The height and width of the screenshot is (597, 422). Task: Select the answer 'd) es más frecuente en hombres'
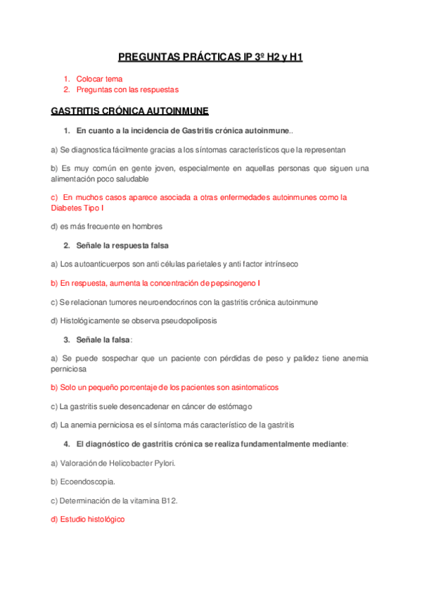[x=107, y=227]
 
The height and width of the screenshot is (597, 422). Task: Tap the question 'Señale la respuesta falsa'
[x=122, y=245]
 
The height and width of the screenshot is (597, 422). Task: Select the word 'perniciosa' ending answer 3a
[x=69, y=369]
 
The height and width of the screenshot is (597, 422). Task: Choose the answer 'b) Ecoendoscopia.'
[x=83, y=482]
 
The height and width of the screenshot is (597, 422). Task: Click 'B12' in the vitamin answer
[x=167, y=501]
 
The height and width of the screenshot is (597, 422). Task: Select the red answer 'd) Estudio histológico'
[x=88, y=520]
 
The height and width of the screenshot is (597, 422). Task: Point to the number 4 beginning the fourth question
[x=65, y=444]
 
